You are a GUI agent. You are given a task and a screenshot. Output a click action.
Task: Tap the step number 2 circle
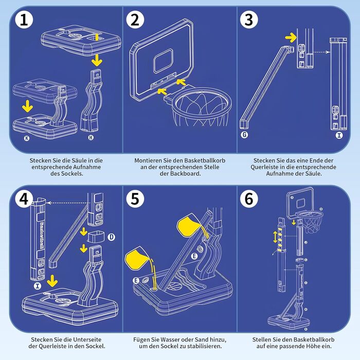[x=135, y=21]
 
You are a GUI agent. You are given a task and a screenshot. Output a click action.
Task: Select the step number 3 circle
[x=249, y=21]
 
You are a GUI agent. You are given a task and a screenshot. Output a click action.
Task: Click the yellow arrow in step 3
[x=291, y=37]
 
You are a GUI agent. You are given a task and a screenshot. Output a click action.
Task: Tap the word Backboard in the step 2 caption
[x=187, y=174]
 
